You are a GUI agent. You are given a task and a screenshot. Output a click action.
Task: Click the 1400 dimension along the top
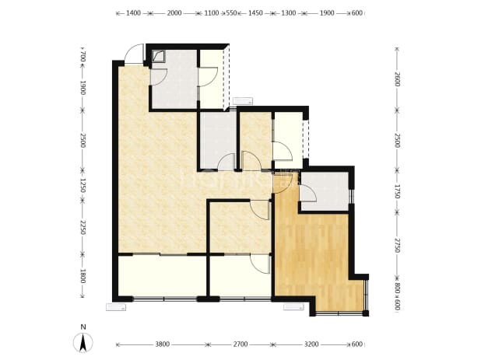coord(133,13)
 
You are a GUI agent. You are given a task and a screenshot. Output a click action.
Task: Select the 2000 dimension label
coord(174,13)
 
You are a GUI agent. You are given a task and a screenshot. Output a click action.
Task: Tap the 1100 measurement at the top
coord(212,13)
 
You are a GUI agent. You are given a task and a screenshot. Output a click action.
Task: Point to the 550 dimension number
coord(232,13)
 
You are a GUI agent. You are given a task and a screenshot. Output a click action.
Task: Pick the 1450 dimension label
coord(255,13)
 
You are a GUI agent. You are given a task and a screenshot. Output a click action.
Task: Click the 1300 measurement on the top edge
coord(288,13)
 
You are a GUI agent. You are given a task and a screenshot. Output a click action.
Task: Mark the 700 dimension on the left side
coord(83,57)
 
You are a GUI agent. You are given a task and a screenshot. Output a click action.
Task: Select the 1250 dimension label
coord(83,186)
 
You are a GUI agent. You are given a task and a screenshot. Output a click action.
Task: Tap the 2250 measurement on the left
coord(83,227)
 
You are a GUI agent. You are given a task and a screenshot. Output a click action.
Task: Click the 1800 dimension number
coord(83,276)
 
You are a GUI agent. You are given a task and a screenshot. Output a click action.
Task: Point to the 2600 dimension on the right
coord(397,79)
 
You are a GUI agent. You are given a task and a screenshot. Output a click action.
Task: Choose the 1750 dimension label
coord(397,191)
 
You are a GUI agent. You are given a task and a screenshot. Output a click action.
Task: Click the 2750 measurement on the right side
coord(397,245)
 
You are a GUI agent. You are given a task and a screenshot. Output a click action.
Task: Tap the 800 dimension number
coord(397,288)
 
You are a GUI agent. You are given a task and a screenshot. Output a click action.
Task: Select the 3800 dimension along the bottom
coord(162,344)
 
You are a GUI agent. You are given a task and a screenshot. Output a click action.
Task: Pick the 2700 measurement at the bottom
coord(240,344)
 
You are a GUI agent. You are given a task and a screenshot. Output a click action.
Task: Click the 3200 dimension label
coord(311,344)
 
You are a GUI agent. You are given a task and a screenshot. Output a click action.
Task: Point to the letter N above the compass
coord(83,327)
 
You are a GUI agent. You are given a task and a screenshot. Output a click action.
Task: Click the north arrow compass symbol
coord(83,343)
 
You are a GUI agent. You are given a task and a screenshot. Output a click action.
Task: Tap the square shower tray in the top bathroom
coord(158,57)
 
